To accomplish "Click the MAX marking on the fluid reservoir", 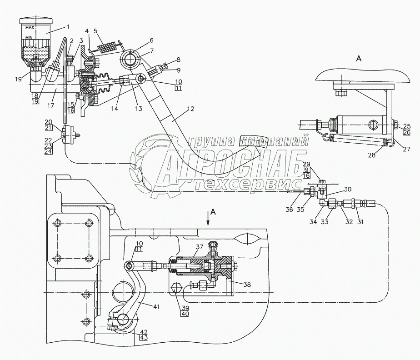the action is (x=30, y=27).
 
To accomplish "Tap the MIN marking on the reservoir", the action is (x=29, y=38).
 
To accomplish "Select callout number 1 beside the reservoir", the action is (x=68, y=26).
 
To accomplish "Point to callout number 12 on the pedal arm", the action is (x=190, y=109).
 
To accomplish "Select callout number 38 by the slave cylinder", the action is (x=247, y=285).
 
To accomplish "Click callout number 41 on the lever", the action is (x=156, y=306).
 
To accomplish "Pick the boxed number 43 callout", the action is (x=144, y=337).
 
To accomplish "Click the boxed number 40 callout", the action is (x=185, y=314).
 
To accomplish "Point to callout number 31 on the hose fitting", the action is (x=360, y=221).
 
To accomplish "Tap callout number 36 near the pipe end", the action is (x=289, y=210).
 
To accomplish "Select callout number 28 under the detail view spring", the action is (x=372, y=155).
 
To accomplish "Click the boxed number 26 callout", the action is (x=407, y=132).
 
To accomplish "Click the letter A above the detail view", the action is (x=359, y=58).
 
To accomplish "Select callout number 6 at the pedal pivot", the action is (x=152, y=40).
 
